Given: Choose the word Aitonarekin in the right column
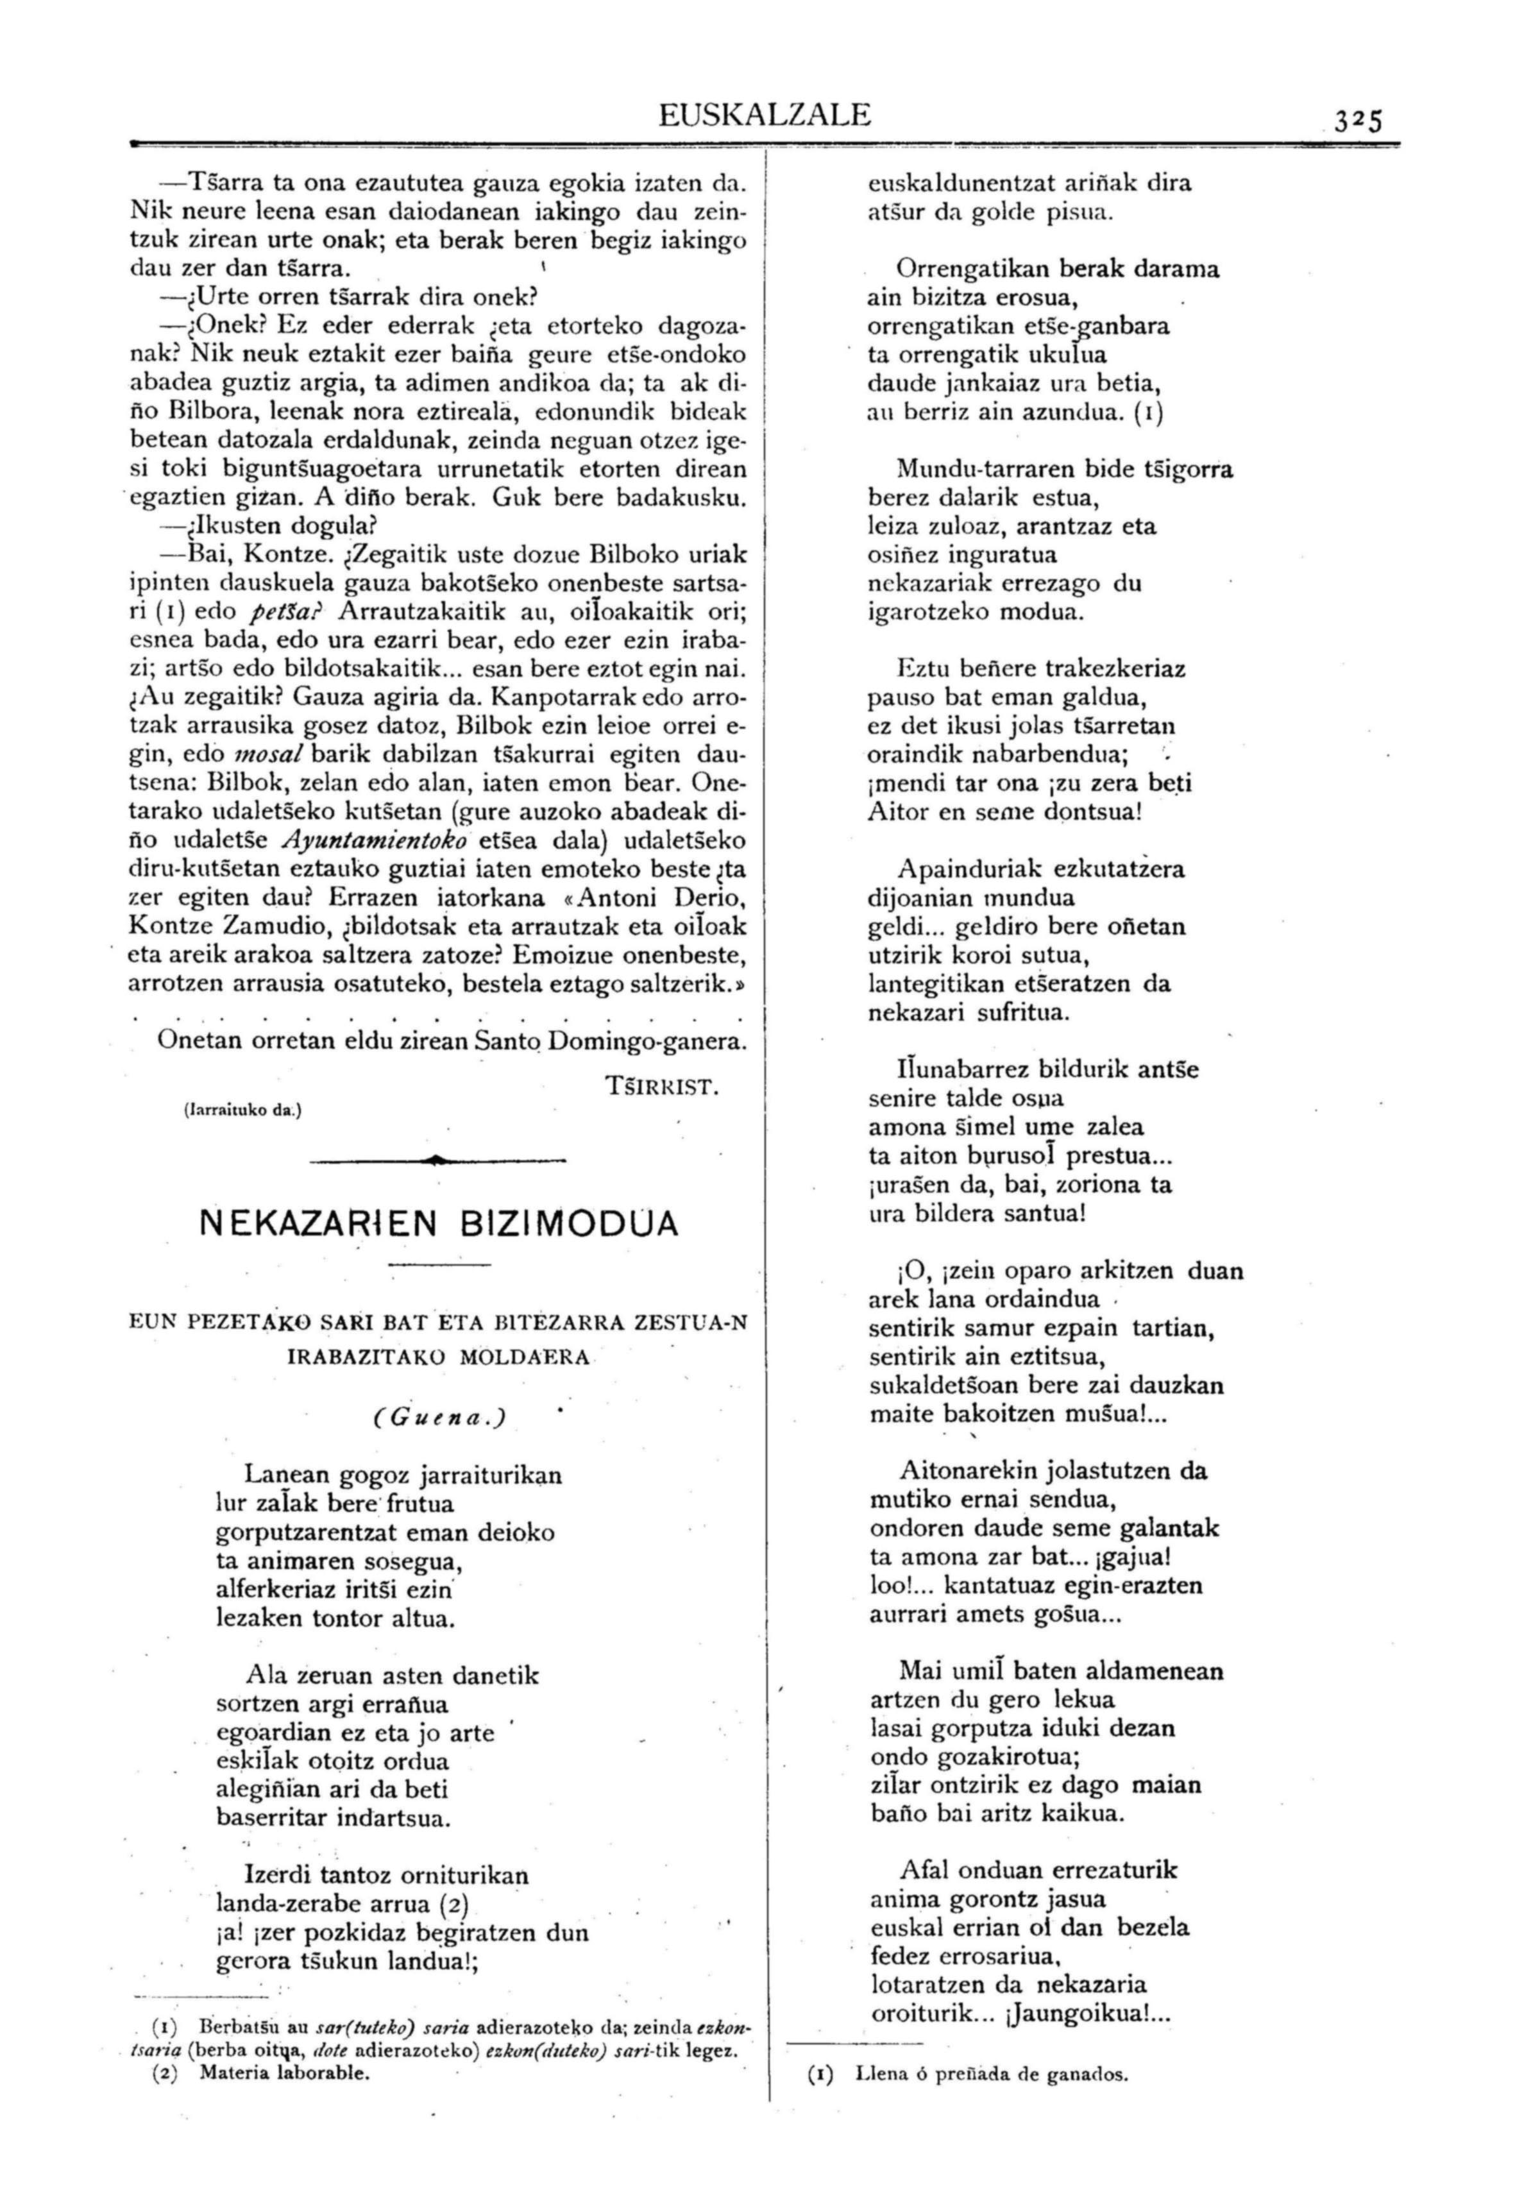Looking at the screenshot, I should point(967,1472).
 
